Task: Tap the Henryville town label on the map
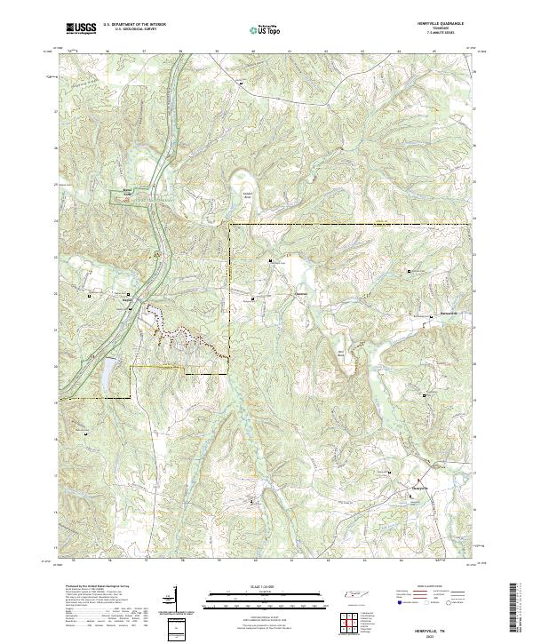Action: pos(419,488)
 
